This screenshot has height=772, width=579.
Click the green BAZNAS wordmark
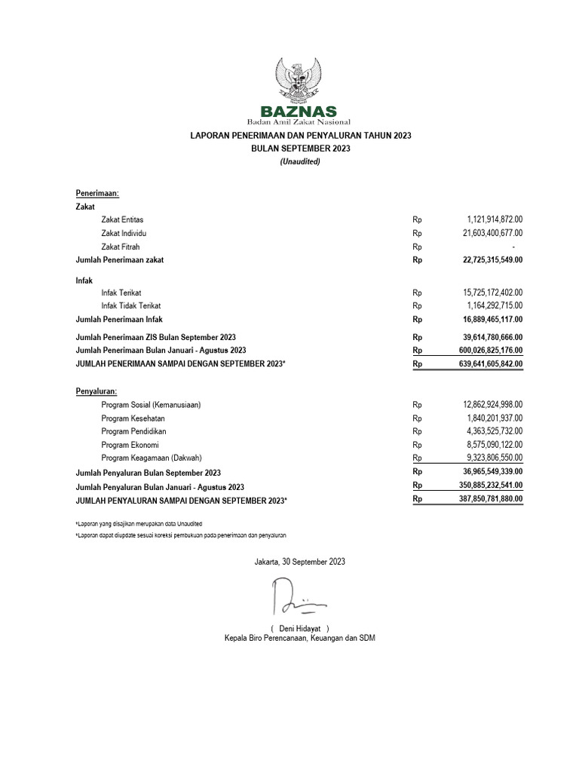(299, 111)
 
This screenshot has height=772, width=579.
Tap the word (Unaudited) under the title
(300, 161)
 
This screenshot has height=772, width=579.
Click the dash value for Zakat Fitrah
(513, 247)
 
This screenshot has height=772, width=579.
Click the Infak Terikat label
(121, 293)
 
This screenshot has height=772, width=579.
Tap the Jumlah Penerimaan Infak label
(119, 320)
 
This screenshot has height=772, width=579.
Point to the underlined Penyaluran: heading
(97, 391)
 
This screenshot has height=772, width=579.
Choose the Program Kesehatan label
(133, 418)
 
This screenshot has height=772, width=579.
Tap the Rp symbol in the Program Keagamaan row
(417, 458)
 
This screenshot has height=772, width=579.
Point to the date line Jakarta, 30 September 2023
(300, 562)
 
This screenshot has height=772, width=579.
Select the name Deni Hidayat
(300, 628)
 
